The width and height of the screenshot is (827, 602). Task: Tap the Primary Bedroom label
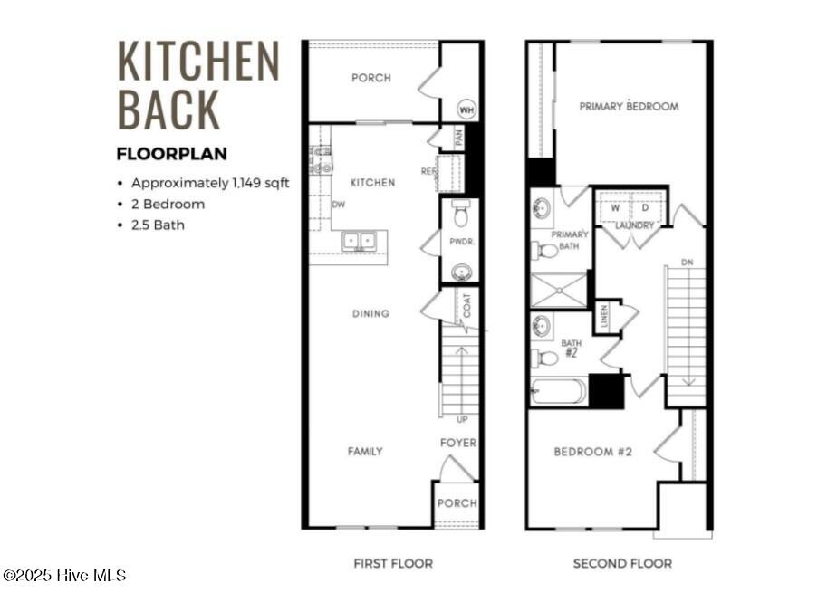pos(629,106)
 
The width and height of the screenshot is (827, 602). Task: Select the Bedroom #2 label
pos(592,451)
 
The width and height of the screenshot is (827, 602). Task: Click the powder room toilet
pos(460,215)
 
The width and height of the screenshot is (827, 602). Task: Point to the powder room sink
pos(461,271)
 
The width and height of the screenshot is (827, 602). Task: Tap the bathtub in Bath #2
pos(558,391)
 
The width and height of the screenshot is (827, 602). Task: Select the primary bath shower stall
pos(558,290)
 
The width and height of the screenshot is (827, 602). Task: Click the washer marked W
pos(615,208)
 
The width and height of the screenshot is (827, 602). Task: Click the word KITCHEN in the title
pos(197,62)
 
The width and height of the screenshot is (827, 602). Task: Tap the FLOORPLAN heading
pos(171,154)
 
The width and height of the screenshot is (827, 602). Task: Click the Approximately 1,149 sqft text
pos(210,183)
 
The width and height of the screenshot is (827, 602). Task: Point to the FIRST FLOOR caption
pos(393,563)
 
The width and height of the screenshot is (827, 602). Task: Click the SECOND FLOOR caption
pos(622,563)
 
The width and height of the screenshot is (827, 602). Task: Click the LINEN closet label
pos(604,317)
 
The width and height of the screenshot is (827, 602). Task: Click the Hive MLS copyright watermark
pos(64,575)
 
